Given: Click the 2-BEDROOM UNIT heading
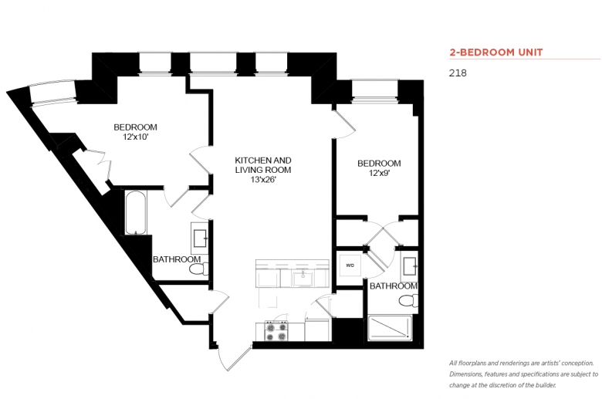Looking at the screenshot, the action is click(x=496, y=52).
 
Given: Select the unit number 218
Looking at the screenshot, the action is click(x=458, y=73).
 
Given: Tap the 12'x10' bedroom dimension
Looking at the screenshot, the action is click(x=136, y=137).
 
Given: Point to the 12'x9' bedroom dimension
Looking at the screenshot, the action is click(x=379, y=173).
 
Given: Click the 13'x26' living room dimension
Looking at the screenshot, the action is click(x=263, y=179).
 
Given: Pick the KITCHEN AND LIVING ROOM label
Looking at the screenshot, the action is click(x=263, y=165).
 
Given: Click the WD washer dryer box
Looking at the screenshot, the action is click(x=350, y=265).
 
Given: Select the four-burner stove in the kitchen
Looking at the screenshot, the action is click(x=276, y=331).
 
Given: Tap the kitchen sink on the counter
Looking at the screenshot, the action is click(x=303, y=279).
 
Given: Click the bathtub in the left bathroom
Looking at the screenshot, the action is click(x=135, y=213).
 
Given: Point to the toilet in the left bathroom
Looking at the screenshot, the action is click(x=199, y=269).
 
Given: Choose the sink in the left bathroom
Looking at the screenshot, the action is click(x=200, y=238).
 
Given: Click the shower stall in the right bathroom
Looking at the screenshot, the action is click(x=390, y=328).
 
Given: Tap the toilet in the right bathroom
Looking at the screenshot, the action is click(x=408, y=301).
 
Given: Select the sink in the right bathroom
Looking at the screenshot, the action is click(x=409, y=265).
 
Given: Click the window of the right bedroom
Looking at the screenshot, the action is click(x=375, y=90).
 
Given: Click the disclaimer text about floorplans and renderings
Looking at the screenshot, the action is click(x=524, y=374).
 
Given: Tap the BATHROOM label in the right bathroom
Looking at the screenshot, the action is click(x=393, y=286).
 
